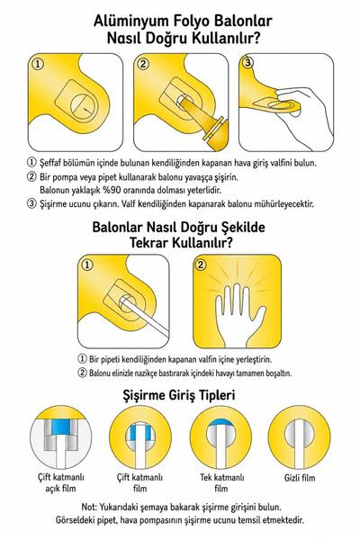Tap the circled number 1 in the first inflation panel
[38, 64]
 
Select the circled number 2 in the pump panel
[143, 64]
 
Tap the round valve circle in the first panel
[84, 104]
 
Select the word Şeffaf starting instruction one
[50, 163]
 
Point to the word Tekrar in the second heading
[148, 243]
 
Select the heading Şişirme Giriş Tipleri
[179, 395]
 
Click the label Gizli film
[300, 478]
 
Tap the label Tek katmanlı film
[222, 482]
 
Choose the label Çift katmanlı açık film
[60, 482]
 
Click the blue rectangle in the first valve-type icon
[60, 427]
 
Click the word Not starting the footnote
[89, 507]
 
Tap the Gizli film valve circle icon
[299, 437]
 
